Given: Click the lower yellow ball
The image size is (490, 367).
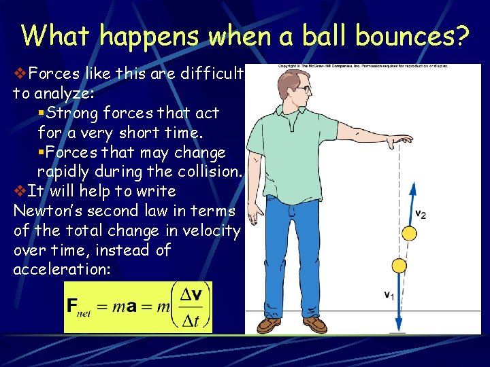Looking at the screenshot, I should [399, 266].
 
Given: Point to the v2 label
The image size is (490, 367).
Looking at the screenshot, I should [421, 214].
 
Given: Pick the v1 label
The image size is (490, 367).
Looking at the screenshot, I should [387, 294].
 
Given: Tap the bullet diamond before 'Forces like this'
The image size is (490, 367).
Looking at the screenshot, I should [20, 71].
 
